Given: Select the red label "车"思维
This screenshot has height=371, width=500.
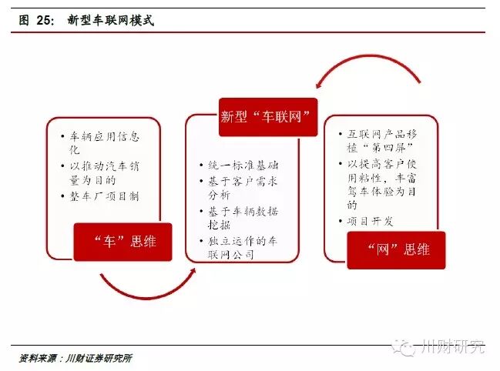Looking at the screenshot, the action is coord(123,241).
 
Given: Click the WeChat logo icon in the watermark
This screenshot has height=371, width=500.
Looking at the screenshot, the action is coord(406,348).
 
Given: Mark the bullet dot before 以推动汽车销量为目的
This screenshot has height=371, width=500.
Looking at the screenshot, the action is coord(61,165).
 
